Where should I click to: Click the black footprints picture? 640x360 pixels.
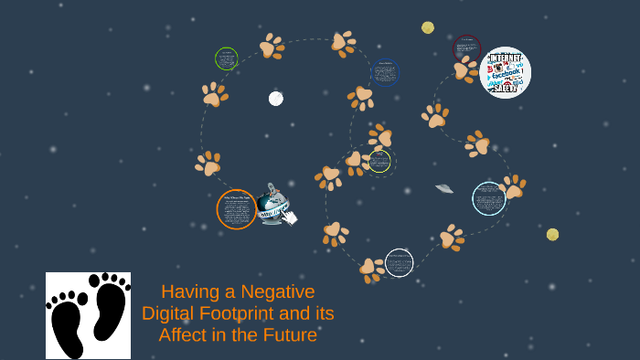88,315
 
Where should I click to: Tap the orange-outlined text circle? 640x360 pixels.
236,209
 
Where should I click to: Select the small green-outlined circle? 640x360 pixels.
226,58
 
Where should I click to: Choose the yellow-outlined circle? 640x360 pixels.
379,162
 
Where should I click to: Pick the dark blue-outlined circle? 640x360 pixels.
385,72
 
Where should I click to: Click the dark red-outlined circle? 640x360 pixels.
466,48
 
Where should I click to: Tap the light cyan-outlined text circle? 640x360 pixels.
489,198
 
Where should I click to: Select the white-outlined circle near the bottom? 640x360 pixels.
399,263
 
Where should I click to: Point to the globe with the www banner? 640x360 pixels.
271,205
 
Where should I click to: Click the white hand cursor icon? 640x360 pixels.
290,217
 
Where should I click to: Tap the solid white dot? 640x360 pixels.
275,99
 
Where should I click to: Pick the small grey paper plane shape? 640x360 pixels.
444,188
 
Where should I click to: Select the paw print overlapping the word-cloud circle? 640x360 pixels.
465,69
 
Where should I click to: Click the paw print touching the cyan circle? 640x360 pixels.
512,188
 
